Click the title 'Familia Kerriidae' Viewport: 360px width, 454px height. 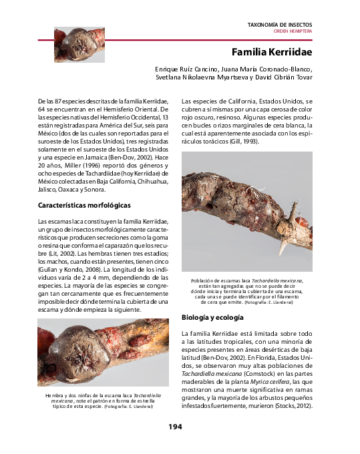[x=271, y=52]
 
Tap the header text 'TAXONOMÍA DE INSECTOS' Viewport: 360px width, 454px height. [x=279, y=24]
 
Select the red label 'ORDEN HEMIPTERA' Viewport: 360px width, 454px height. [x=293, y=31]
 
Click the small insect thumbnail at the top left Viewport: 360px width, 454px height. [x=69, y=44]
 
